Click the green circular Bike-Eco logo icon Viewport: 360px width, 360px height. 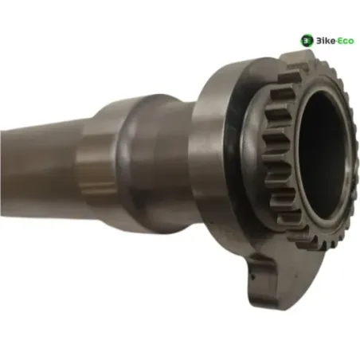click(x=307, y=41)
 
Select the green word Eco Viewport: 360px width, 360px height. click(x=346, y=41)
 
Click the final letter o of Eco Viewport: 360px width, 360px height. click(x=351, y=41)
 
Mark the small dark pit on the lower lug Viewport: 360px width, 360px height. click(x=254, y=277)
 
